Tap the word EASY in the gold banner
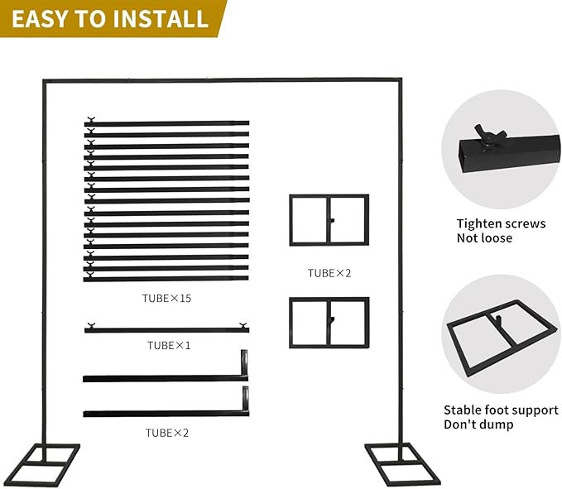click(38, 19)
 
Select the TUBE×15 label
click(166, 298)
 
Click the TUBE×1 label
click(169, 345)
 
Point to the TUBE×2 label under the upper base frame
click(329, 273)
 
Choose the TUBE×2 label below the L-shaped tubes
click(167, 433)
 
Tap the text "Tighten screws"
click(501, 223)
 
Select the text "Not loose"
click(484, 238)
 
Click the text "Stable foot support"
click(501, 410)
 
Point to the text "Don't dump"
click(478, 424)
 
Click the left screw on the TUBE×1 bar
click(91, 325)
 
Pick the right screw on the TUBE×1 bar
click(243, 325)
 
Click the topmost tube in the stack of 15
click(166, 123)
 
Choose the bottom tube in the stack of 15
click(166, 278)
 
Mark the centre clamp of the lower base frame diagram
click(332, 320)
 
